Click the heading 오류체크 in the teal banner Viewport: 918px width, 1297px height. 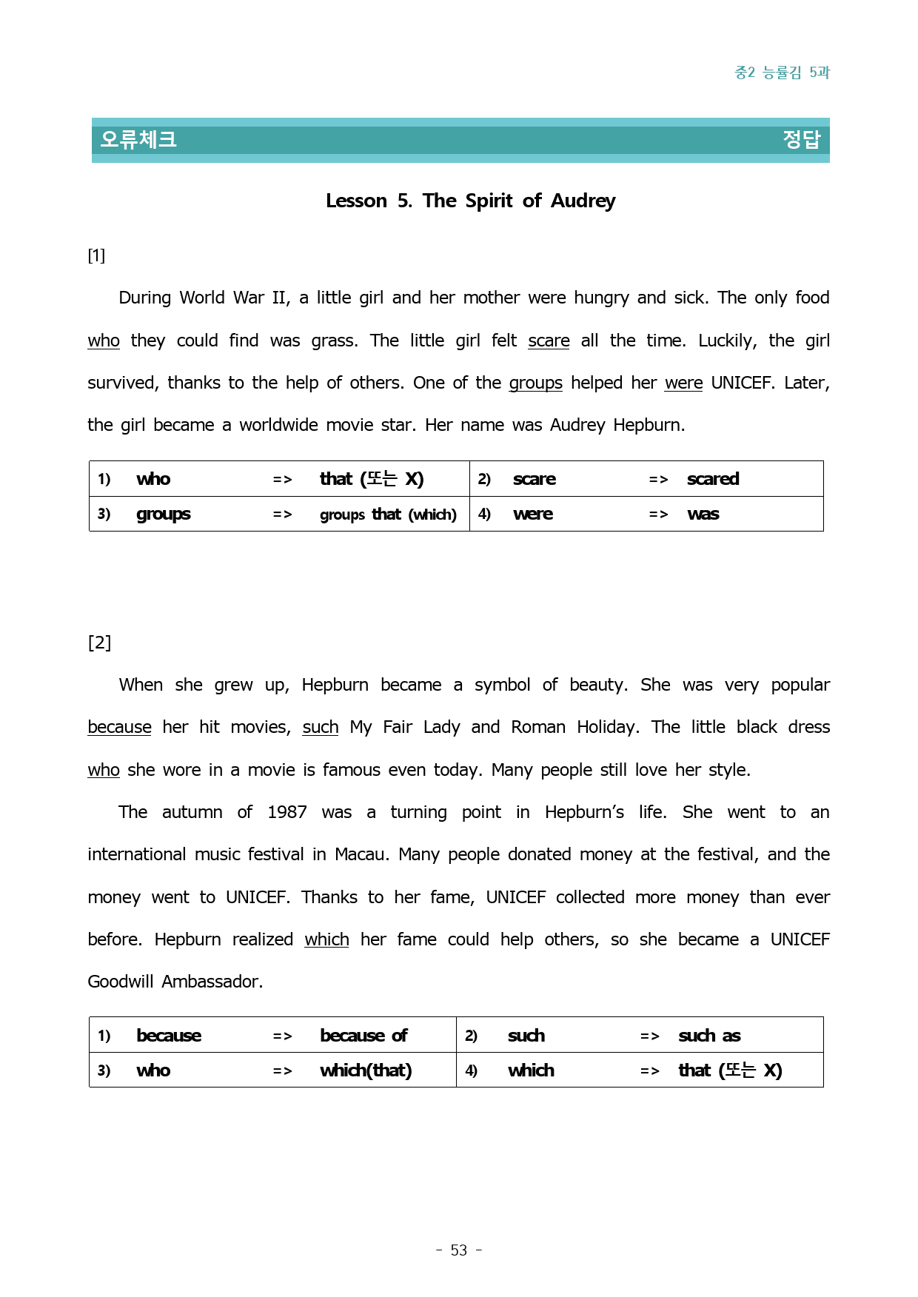138,139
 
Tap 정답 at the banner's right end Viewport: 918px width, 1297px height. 802,139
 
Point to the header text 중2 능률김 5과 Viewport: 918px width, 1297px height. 782,72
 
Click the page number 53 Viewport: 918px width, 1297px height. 459,1250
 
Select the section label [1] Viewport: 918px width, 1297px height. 96,255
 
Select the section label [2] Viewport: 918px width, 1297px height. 99,642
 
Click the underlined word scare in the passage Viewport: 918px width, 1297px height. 549,341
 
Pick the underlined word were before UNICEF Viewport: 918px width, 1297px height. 683,383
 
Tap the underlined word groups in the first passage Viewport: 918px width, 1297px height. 535,383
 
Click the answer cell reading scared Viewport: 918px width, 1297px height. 713,479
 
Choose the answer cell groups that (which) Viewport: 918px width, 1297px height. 388,515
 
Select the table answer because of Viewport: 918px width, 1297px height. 363,1036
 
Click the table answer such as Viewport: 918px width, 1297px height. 709,1036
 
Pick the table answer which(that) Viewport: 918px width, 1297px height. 366,1070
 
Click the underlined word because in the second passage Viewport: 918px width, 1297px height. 119,727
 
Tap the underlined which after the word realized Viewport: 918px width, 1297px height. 326,939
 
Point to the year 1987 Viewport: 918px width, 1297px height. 287,812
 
